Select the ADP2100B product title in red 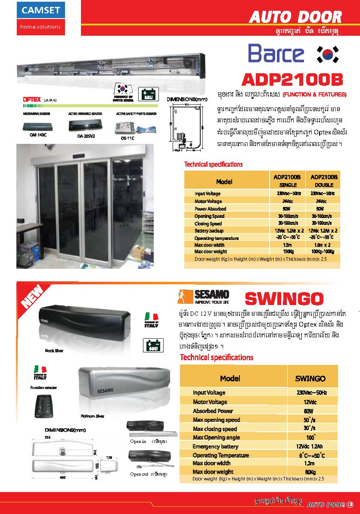292,80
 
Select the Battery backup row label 209,231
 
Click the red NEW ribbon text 32,297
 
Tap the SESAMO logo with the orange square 203,297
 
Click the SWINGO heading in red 284,299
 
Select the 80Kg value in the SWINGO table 310,472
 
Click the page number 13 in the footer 350,505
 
